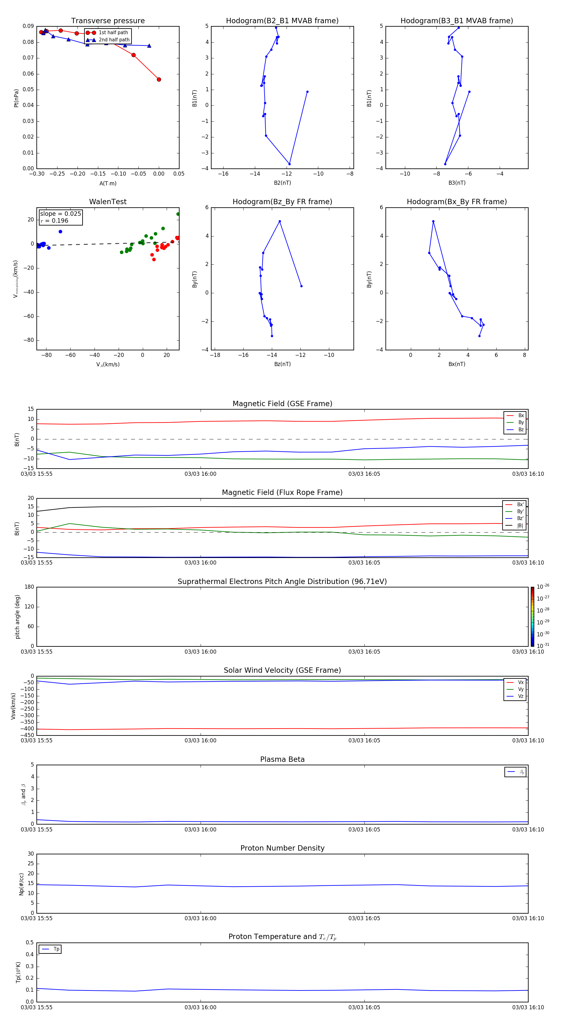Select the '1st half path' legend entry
click(x=113, y=33)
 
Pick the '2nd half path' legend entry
click(x=114, y=40)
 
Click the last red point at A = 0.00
click(x=159, y=80)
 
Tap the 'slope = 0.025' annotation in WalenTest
click(x=60, y=214)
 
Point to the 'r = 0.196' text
click(x=54, y=220)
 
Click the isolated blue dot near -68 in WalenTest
click(x=60, y=232)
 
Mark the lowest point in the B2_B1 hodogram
click(x=289, y=164)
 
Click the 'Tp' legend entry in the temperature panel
click(x=56, y=949)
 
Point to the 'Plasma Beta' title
click(x=282, y=759)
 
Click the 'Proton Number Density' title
click(x=282, y=848)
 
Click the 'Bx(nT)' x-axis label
click(x=456, y=364)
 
